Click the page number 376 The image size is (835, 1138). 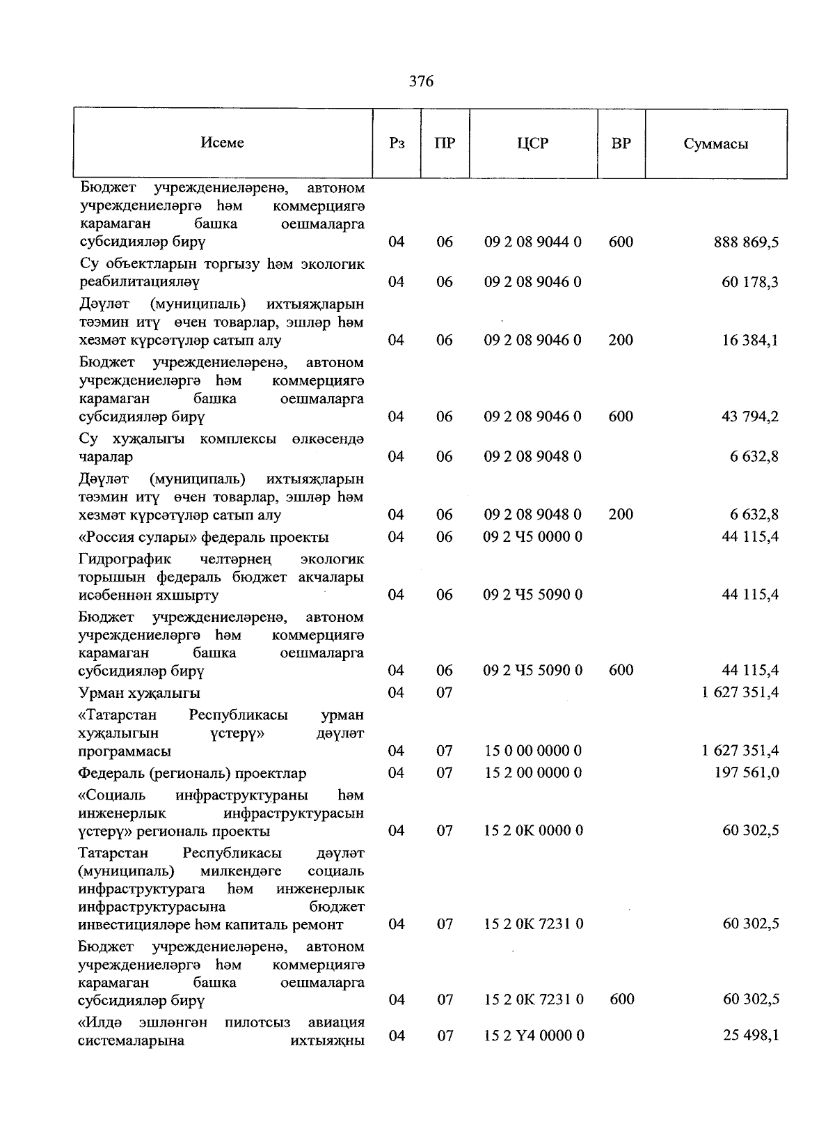tap(421, 81)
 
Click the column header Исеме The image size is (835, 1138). tap(223, 142)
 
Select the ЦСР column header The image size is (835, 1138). tap(533, 143)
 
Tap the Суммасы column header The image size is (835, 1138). tap(715, 144)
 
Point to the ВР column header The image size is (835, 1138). tap(621, 143)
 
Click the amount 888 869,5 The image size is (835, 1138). tap(746, 242)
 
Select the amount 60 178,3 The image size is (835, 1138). tap(750, 282)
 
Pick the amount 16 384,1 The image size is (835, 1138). tap(750, 340)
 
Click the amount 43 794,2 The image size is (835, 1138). tap(750, 416)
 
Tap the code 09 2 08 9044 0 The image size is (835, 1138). tap(533, 242)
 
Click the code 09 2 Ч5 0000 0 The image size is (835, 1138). tap(533, 537)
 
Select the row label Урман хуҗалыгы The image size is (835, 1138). tap(139, 693)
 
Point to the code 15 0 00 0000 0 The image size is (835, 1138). tap(533, 751)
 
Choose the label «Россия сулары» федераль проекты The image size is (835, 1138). tap(203, 538)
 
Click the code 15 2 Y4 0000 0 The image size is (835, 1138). tap(534, 1036)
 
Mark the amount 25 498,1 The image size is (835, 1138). tap(750, 1036)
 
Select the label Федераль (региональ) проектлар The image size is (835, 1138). tap(192, 774)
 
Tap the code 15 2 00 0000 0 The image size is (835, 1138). tap(533, 773)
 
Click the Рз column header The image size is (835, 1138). tap(397, 143)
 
